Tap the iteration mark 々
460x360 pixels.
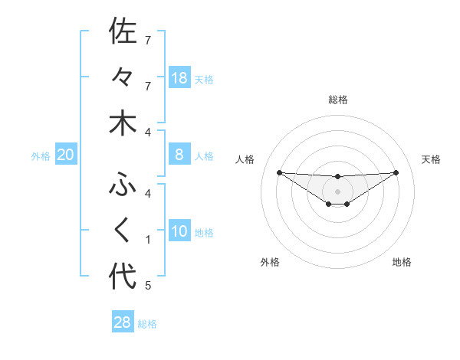pyautogui.click(x=123, y=77)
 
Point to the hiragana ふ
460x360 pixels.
pyautogui.click(x=123, y=184)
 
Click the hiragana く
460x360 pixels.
pyautogui.click(x=123, y=231)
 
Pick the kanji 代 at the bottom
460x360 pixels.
pyautogui.click(x=123, y=277)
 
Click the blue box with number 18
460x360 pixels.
pyautogui.click(x=179, y=77)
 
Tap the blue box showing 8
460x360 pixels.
pyautogui.click(x=179, y=155)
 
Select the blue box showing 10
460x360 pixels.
pyautogui.click(x=179, y=231)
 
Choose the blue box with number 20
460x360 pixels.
pyautogui.click(x=66, y=155)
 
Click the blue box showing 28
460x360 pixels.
pyautogui.click(x=123, y=322)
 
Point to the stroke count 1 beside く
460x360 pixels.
pyautogui.click(x=148, y=240)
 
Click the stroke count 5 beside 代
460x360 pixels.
pyautogui.click(x=148, y=286)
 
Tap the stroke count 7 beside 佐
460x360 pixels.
pyautogui.click(x=148, y=39)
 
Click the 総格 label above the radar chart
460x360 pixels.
pyautogui.click(x=338, y=100)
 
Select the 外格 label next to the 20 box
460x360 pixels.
pyautogui.click(x=41, y=156)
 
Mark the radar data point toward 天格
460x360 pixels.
pyautogui.click(x=396, y=172)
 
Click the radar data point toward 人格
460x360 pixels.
pyautogui.click(x=279, y=172)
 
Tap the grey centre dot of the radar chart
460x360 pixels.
pyautogui.click(x=337, y=191)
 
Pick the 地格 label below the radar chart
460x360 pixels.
pyautogui.click(x=402, y=262)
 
